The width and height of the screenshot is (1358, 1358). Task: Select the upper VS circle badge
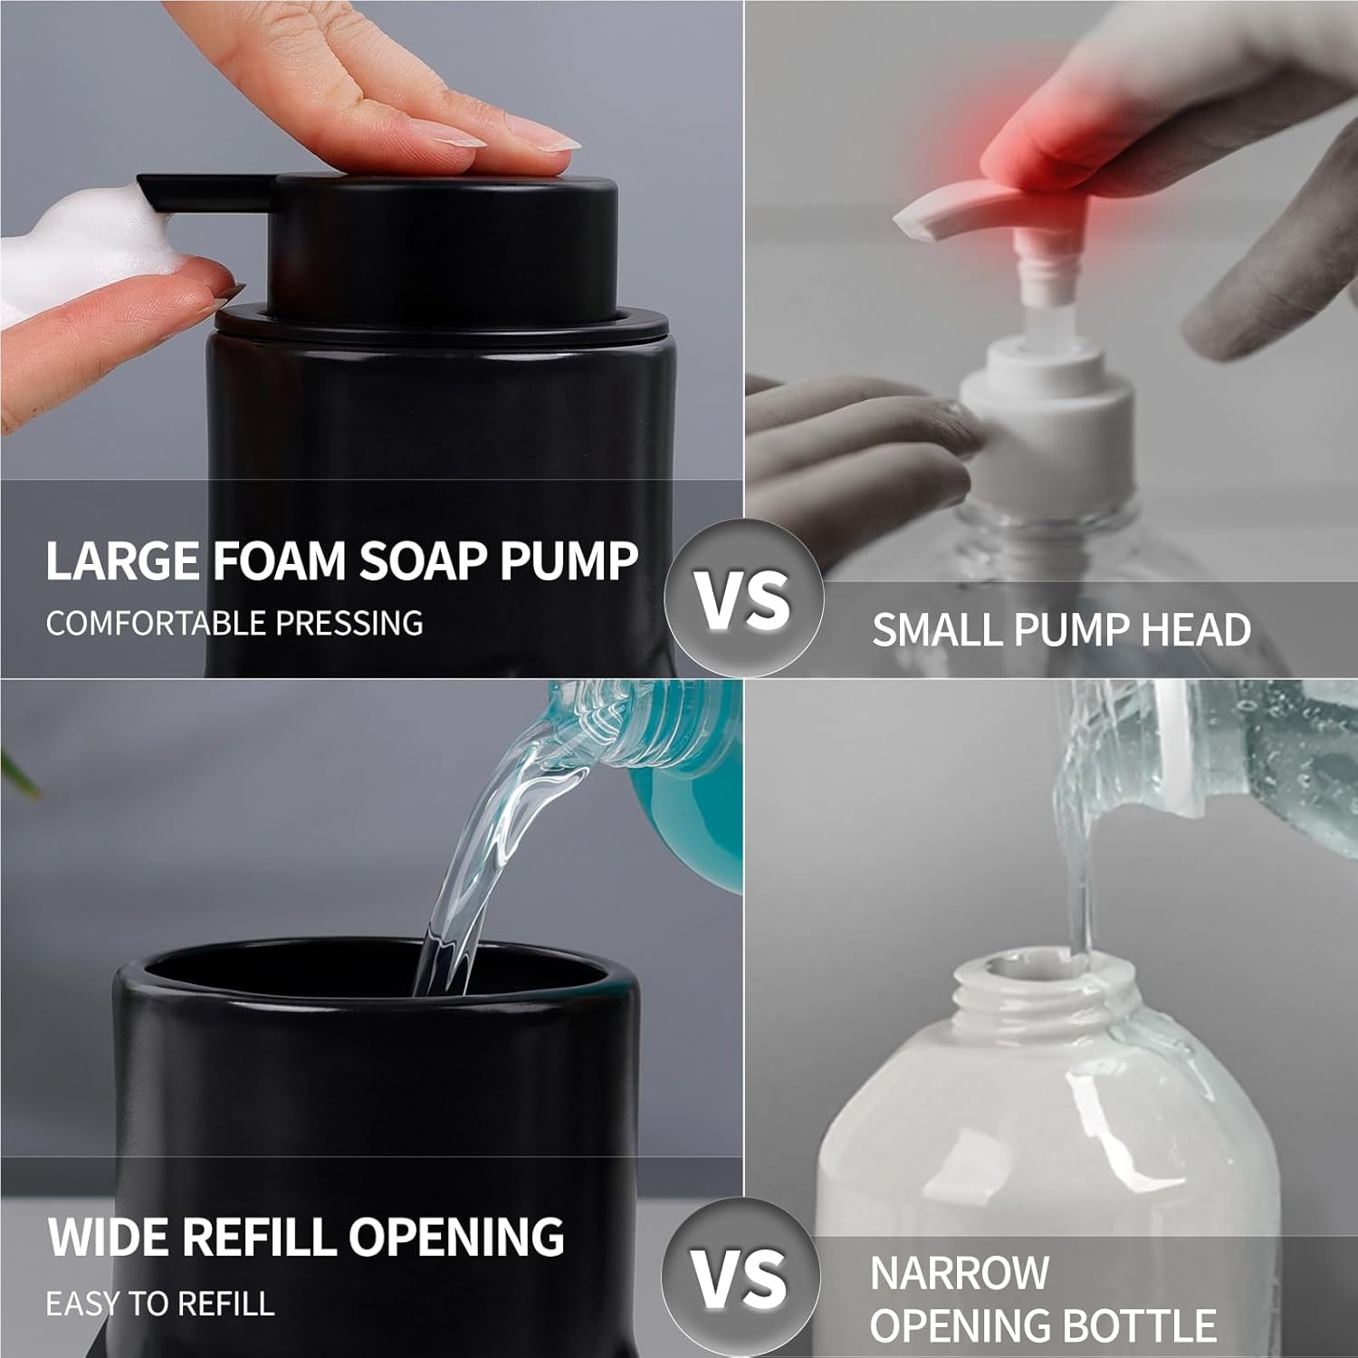742,598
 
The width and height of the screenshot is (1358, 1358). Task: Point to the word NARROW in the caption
959,1274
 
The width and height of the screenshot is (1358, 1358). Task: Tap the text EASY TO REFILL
159,1304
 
